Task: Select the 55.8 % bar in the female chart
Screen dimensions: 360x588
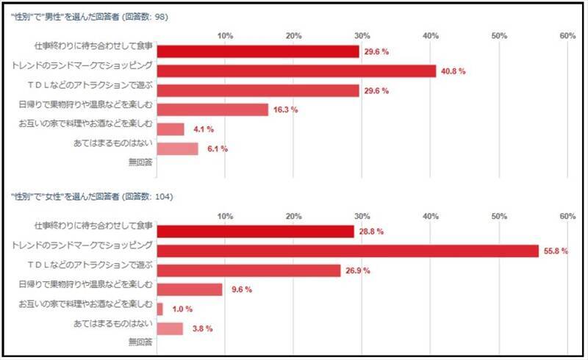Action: tap(348, 251)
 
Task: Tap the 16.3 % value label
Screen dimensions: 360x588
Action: tap(285, 110)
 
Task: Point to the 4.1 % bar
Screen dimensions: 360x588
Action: tap(171, 129)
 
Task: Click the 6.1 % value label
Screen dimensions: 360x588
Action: tap(217, 149)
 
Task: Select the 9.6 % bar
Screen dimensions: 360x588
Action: tap(190, 289)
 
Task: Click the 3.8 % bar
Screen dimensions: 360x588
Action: tap(170, 328)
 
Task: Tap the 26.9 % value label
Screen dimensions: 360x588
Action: tap(358, 270)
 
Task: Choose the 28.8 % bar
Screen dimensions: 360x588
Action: tap(256, 231)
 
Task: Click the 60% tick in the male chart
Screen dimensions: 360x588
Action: tap(567, 36)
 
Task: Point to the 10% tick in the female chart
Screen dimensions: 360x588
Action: tap(226, 216)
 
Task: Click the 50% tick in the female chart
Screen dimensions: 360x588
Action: tap(499, 216)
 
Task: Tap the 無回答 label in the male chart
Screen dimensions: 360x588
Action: tap(140, 162)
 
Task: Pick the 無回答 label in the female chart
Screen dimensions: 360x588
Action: tap(140, 342)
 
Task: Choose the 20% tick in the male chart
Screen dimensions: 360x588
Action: tap(294, 36)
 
